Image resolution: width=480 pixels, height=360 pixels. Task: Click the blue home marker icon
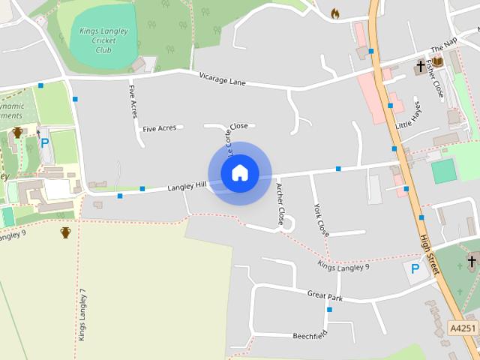click(240, 173)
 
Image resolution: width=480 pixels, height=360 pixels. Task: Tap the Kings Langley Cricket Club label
click(104, 40)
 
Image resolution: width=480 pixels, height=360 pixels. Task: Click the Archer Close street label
click(280, 204)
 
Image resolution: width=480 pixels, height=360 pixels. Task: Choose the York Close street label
click(321, 220)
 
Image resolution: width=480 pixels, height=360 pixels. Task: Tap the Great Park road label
click(325, 295)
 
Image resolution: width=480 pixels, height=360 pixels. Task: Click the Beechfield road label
click(310, 334)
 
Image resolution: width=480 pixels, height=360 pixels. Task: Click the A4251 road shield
click(463, 328)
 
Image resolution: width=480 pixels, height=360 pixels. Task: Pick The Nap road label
click(443, 46)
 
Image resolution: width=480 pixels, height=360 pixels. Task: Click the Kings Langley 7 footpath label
click(83, 315)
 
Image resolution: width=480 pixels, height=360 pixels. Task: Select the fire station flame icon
click(335, 13)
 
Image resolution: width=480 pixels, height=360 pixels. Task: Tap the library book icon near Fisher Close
click(437, 62)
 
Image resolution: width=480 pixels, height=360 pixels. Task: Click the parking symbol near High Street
click(414, 268)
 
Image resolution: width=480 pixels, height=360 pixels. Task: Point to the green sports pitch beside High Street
click(444, 171)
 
